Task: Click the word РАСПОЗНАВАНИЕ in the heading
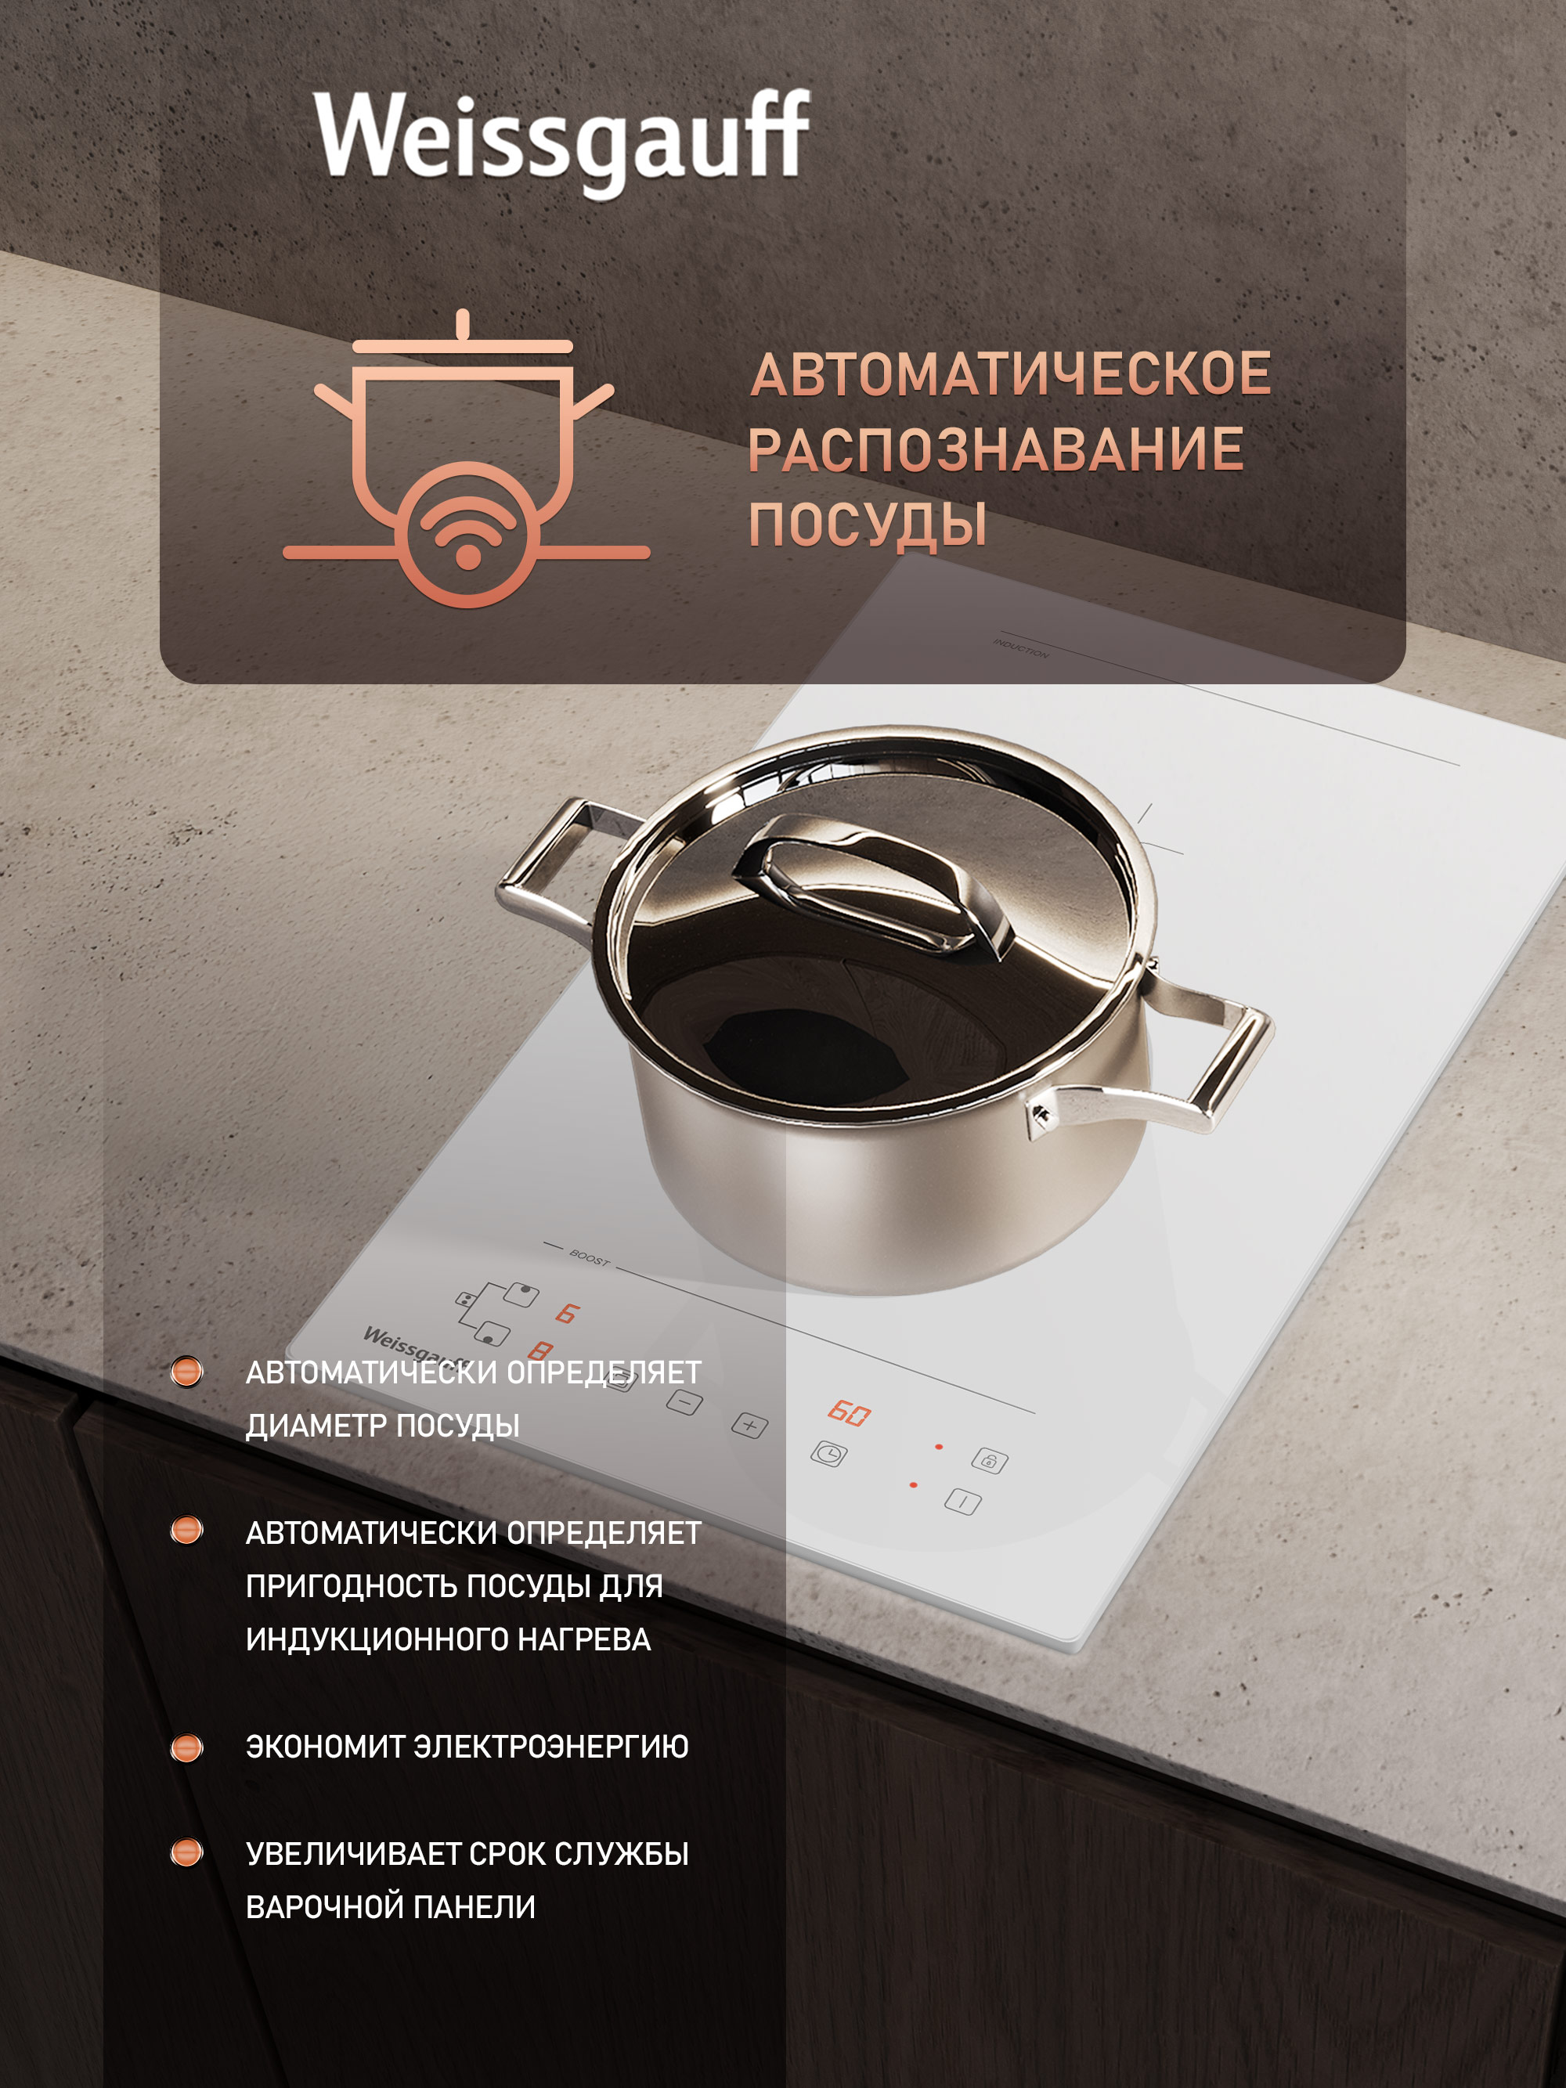pyautogui.click(x=996, y=449)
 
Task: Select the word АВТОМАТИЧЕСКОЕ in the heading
pyautogui.click(x=1011, y=373)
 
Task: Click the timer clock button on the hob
pyautogui.click(x=828, y=1455)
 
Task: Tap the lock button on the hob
pyautogui.click(x=989, y=1461)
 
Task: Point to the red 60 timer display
pyautogui.click(x=849, y=1413)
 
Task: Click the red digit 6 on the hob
pyautogui.click(x=566, y=1313)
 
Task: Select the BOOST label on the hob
pyautogui.click(x=590, y=1258)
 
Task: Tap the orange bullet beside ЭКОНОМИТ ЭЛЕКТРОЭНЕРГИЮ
pyautogui.click(x=186, y=1747)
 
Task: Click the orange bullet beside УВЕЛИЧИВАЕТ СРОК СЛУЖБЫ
pyautogui.click(x=186, y=1853)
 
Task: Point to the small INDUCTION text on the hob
pyautogui.click(x=1020, y=648)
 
